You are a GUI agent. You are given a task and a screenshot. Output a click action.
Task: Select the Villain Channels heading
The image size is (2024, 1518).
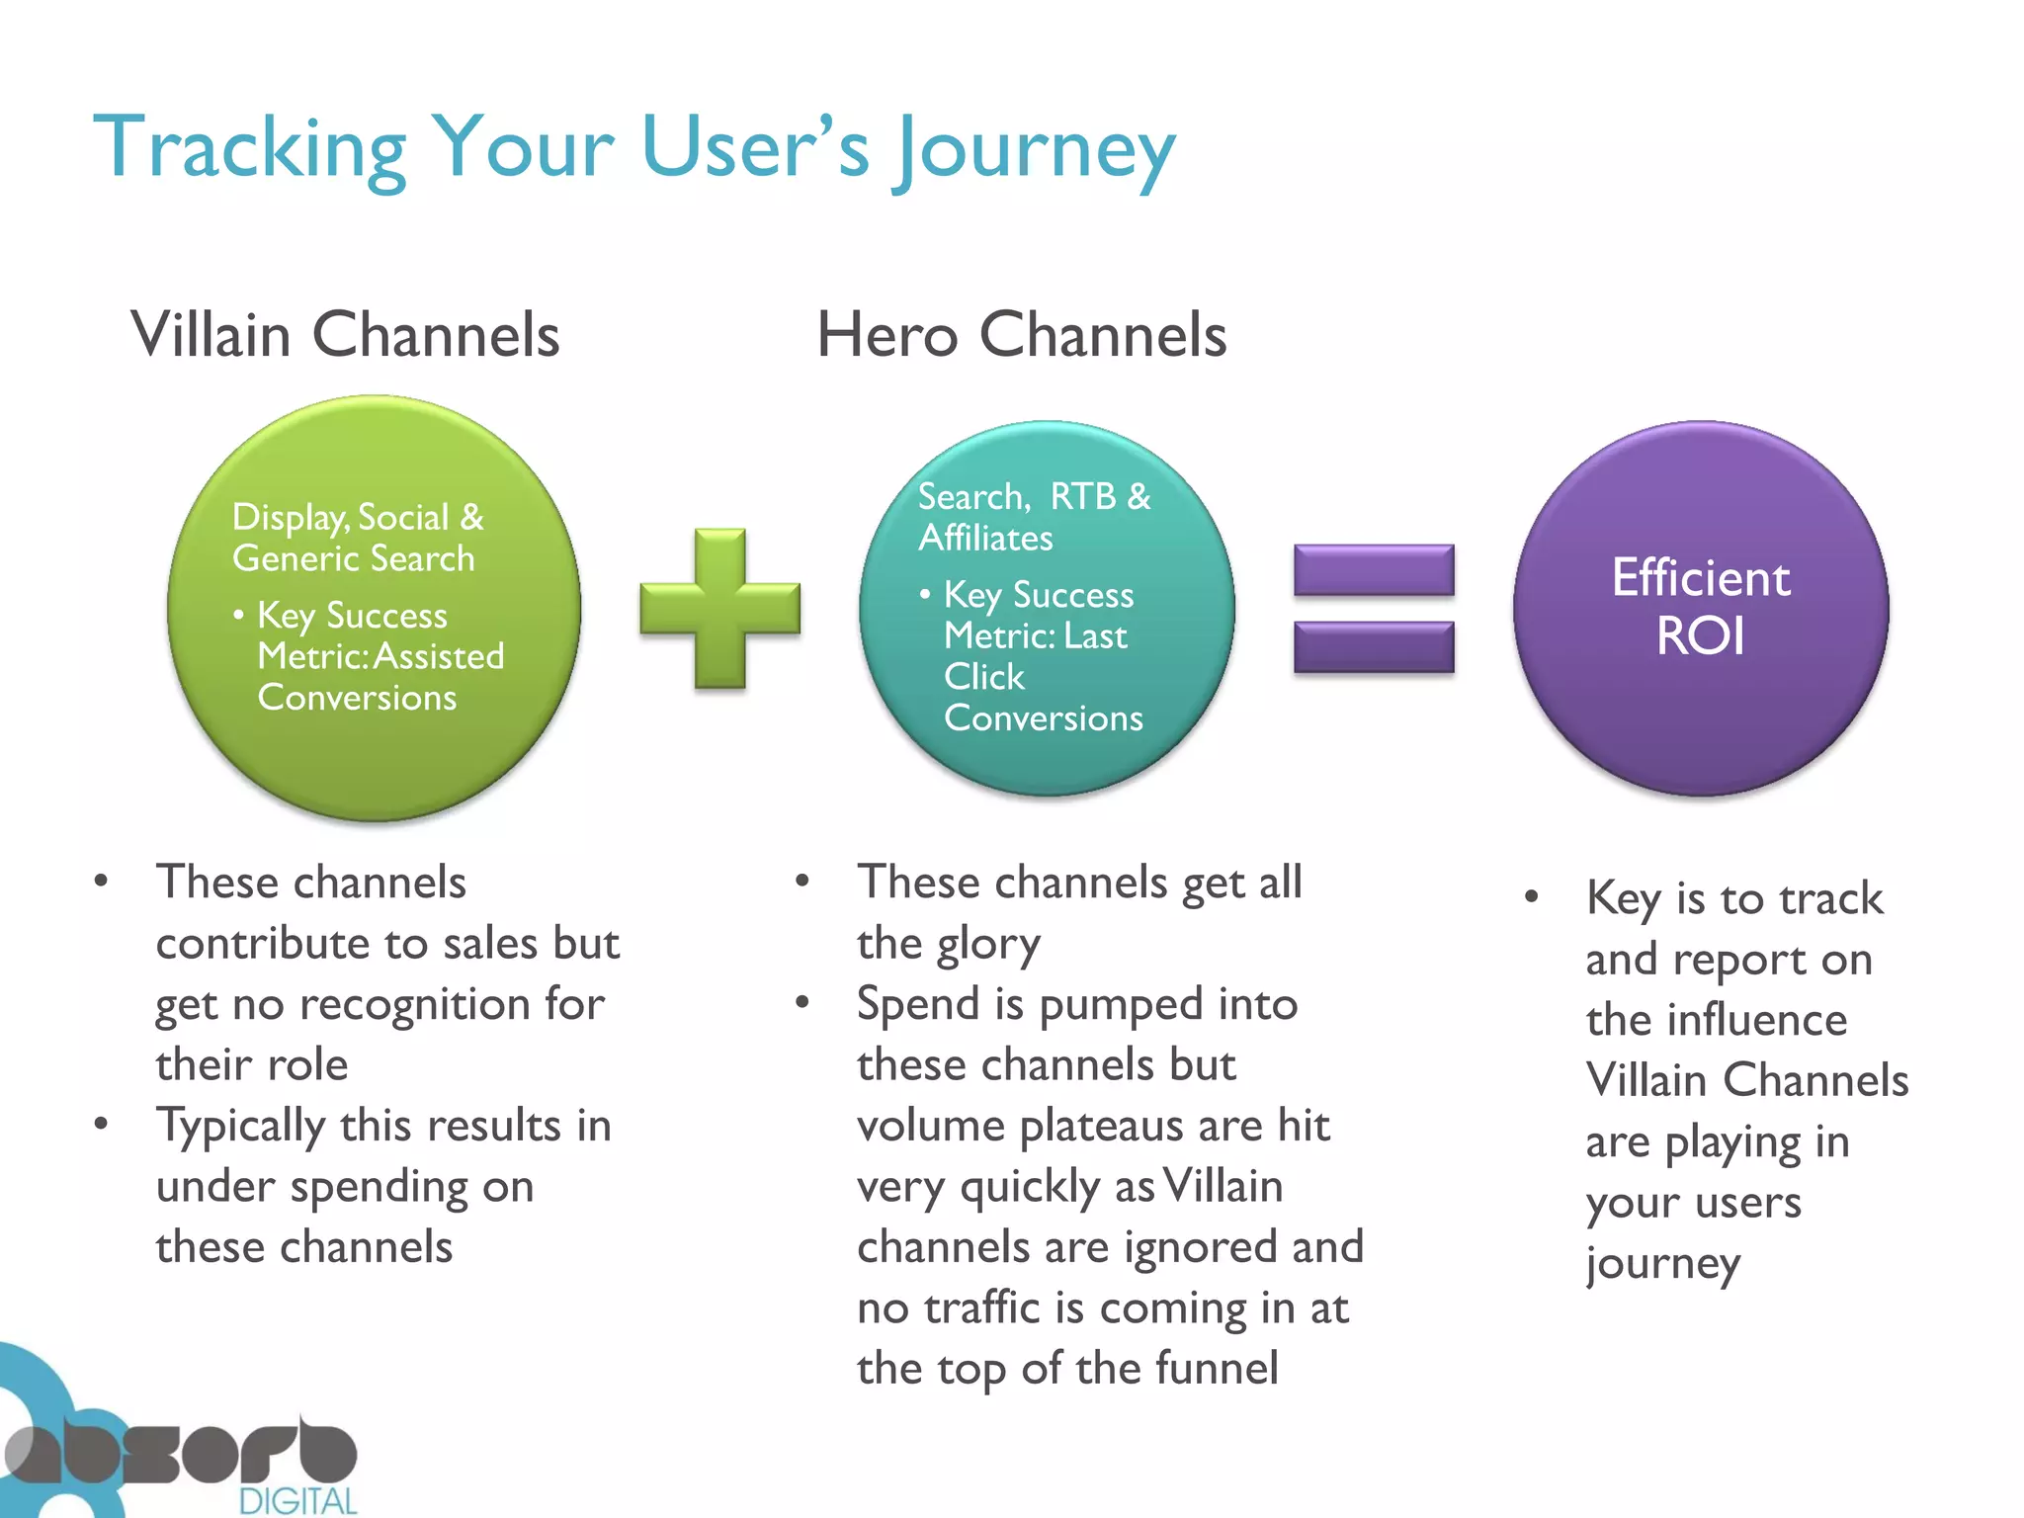tap(345, 334)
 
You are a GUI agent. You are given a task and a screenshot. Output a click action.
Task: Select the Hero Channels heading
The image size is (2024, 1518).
tap(1021, 334)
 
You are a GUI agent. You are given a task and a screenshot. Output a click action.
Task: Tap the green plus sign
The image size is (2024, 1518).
tap(719, 608)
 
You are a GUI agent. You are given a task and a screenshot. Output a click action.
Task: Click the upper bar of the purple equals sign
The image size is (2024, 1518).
tap(1374, 570)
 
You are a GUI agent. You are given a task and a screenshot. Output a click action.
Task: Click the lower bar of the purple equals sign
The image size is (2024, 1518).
tap(1374, 646)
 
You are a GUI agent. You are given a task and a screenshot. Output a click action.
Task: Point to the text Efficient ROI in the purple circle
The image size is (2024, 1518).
tap(1700, 606)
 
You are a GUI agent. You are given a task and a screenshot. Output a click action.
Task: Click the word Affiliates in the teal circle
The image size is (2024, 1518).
tap(985, 539)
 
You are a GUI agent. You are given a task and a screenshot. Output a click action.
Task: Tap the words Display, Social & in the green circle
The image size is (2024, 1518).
tap(358, 517)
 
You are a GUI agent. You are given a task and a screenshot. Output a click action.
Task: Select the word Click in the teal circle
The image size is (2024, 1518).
tap(983, 677)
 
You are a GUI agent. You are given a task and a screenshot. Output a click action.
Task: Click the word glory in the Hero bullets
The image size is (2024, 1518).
tap(988, 945)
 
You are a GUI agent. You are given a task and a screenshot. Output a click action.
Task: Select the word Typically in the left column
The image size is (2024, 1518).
tap(241, 1127)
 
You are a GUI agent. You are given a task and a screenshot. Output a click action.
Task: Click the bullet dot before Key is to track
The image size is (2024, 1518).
tap(1531, 897)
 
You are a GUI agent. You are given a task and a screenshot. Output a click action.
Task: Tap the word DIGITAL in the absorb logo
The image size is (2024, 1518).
tap(297, 1501)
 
